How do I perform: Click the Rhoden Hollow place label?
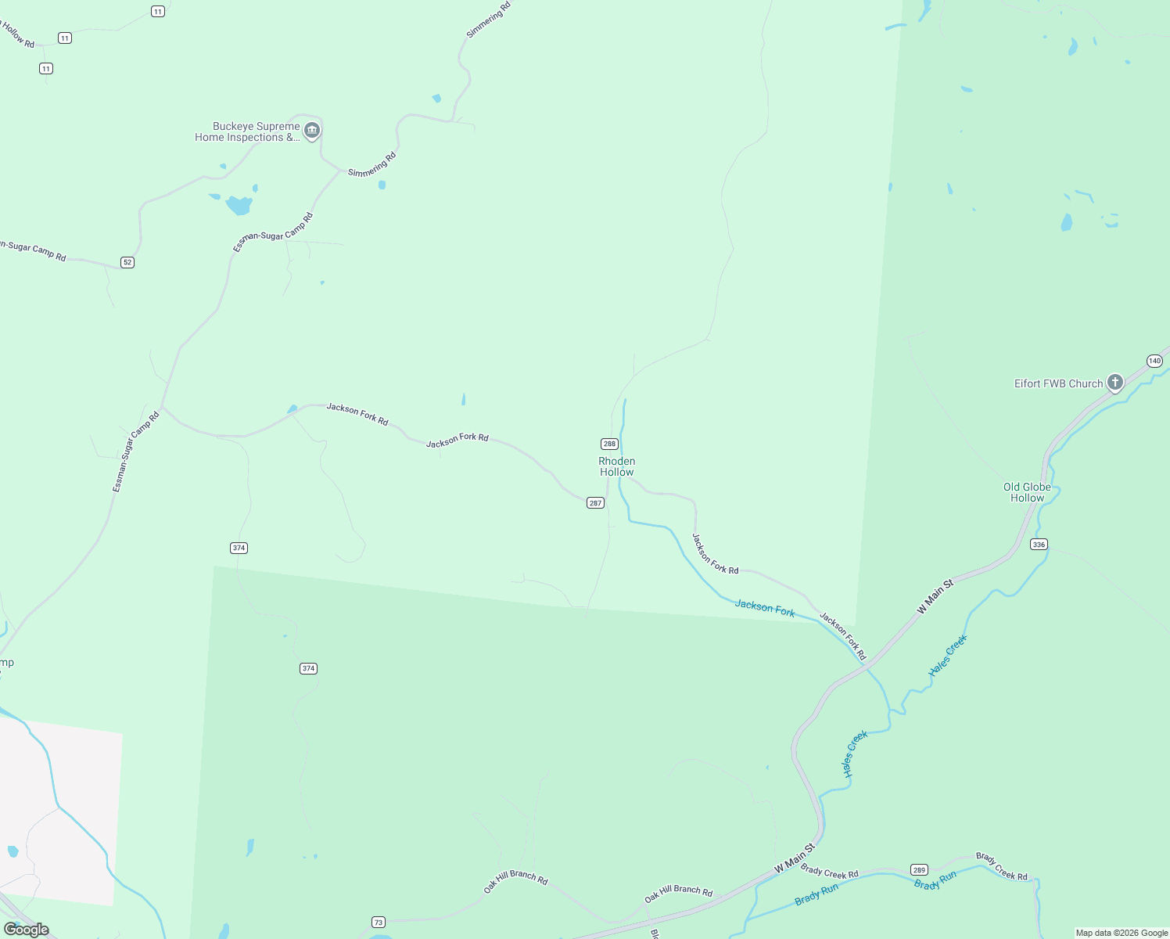[616, 466]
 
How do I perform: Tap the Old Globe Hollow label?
[1027, 492]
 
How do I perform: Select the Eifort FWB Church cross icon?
[1115, 383]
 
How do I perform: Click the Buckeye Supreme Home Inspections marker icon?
[312, 130]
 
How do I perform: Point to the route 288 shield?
[610, 444]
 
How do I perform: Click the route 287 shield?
[595, 503]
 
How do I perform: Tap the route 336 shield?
[1039, 545]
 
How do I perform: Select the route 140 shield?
[1154, 361]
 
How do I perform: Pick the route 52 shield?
[127, 262]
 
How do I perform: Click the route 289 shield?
[919, 870]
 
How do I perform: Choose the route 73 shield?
[379, 923]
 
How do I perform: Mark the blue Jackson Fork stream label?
[765, 608]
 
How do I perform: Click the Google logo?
[26, 930]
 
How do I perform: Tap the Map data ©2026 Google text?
[1122, 933]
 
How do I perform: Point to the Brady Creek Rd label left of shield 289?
[829, 872]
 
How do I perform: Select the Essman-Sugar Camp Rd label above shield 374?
[136, 452]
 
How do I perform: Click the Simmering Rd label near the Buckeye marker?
[372, 164]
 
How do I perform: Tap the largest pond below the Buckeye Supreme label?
[239, 205]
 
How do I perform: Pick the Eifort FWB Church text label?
[1058, 383]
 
